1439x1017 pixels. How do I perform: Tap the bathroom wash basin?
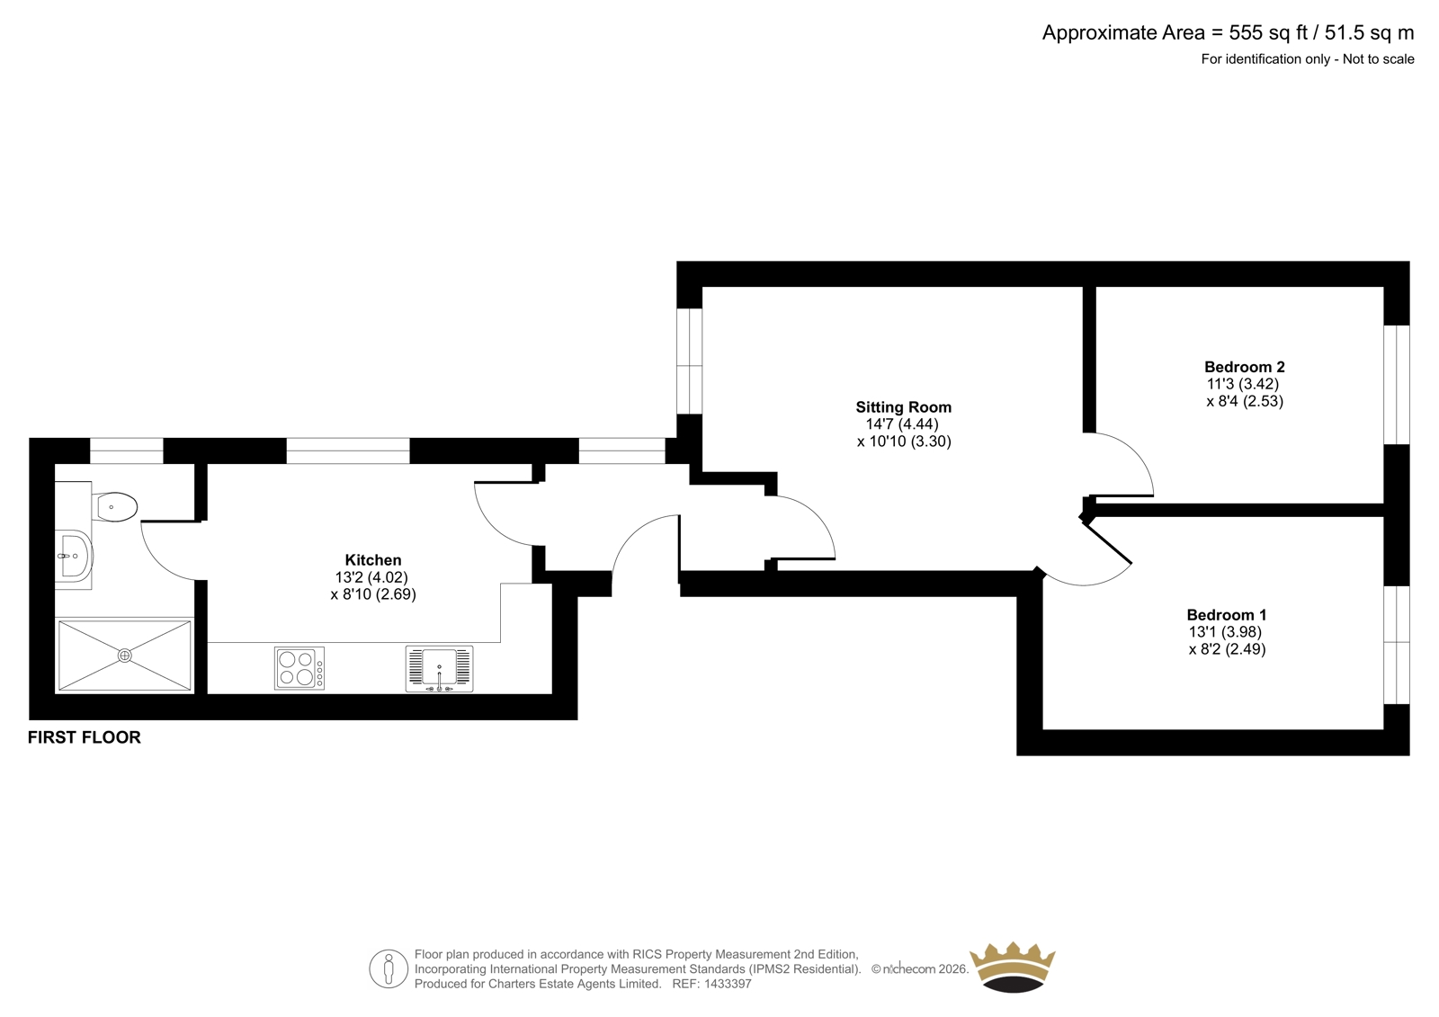click(75, 555)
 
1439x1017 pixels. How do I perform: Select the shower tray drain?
click(125, 656)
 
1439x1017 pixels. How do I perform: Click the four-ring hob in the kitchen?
click(299, 668)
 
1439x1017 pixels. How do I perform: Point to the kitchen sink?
click(440, 669)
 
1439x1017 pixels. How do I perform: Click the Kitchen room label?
click(373, 559)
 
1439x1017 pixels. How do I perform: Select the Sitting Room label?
click(903, 406)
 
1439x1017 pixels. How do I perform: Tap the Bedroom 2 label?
click(1245, 367)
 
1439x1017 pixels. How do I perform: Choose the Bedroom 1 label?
click(1227, 615)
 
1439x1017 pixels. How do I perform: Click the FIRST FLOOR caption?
click(85, 736)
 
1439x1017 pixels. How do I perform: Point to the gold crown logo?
click(1013, 967)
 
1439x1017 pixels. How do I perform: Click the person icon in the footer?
click(389, 968)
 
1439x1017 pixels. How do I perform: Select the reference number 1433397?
click(728, 984)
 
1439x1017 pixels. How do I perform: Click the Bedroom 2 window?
click(1397, 384)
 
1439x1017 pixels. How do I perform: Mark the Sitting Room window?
click(689, 361)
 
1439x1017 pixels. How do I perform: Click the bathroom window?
click(126, 451)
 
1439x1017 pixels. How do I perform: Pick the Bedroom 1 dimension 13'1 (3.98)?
click(1225, 632)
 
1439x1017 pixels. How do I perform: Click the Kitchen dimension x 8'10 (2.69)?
click(373, 594)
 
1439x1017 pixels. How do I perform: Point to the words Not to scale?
click(1378, 59)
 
